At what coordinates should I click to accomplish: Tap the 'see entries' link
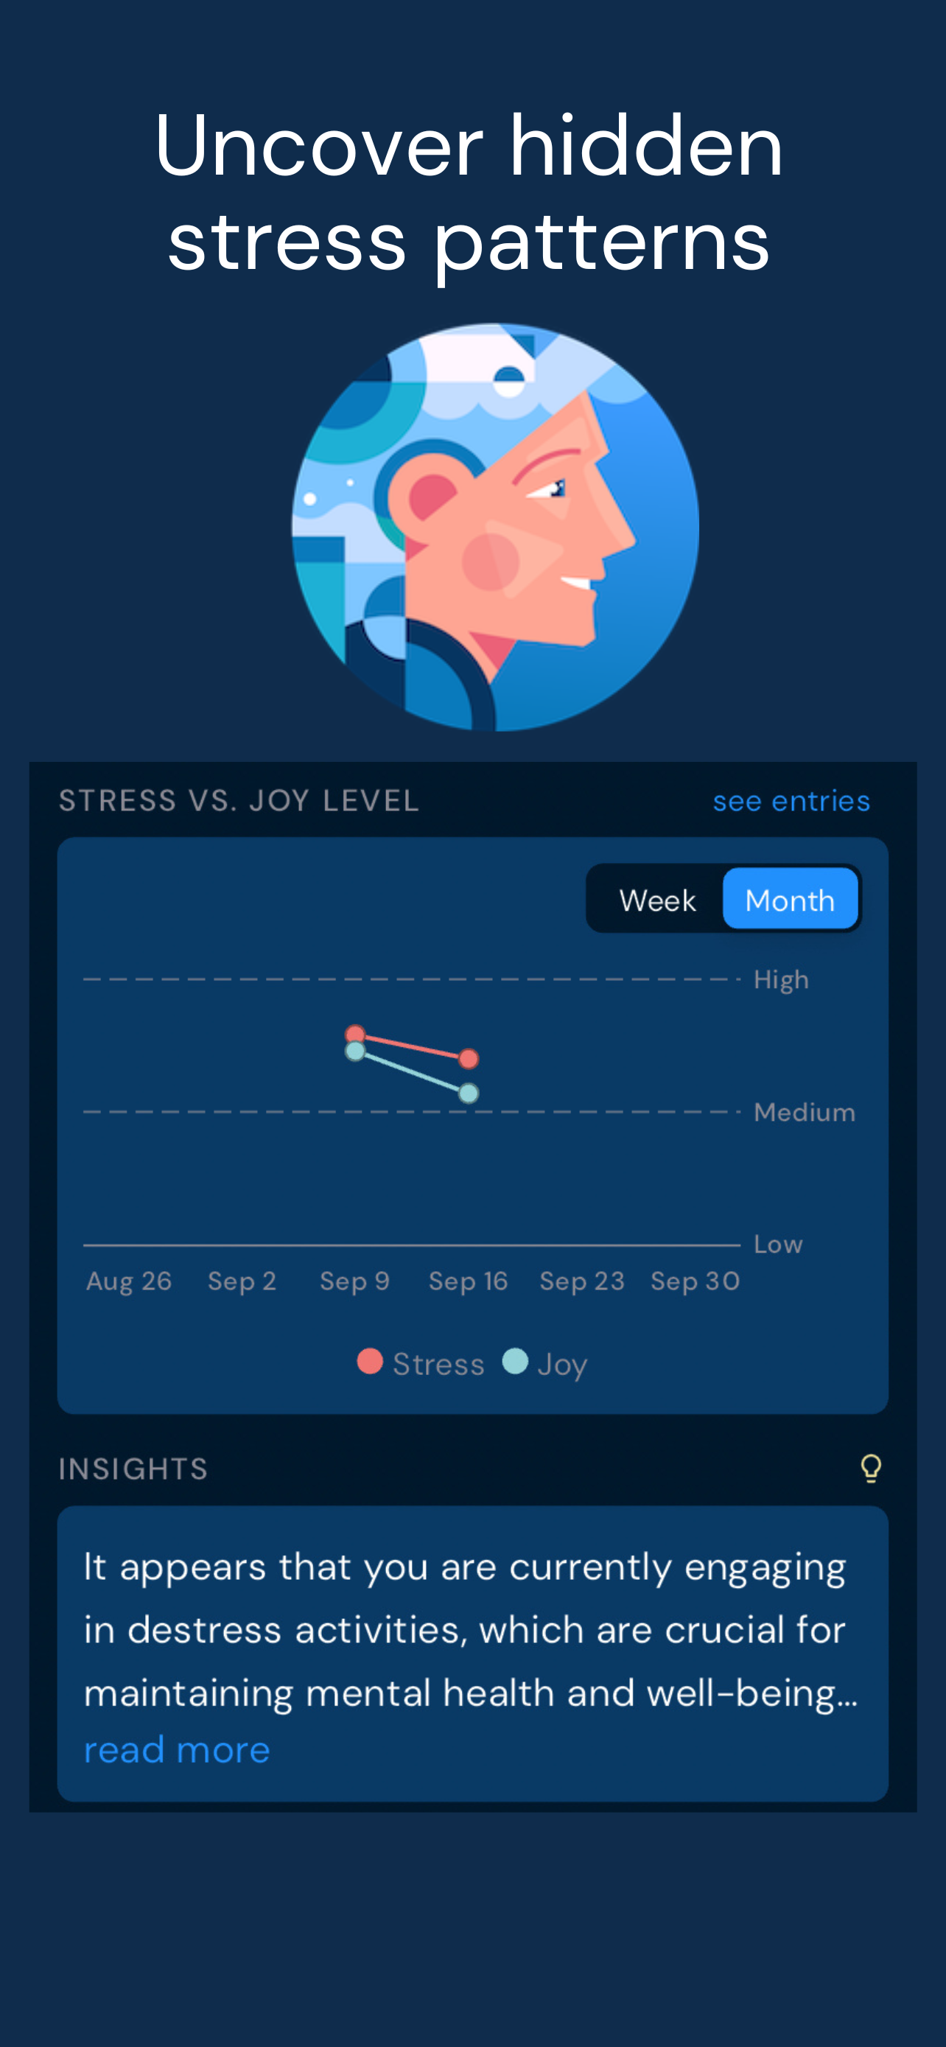point(791,801)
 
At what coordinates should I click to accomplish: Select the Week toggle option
point(657,900)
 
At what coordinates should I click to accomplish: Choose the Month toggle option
point(791,900)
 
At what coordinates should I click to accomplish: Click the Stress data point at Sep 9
point(355,1034)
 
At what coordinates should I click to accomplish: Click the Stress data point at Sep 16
point(469,1058)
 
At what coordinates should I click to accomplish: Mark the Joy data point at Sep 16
point(469,1094)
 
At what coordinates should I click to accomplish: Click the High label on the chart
point(781,980)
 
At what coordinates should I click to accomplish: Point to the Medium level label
point(804,1112)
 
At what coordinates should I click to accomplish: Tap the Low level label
point(777,1245)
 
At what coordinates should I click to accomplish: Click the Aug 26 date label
point(129,1281)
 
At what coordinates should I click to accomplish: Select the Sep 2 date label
point(242,1281)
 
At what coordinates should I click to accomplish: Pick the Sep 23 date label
point(582,1281)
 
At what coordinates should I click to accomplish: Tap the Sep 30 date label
point(695,1281)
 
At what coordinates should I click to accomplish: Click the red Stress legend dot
point(370,1361)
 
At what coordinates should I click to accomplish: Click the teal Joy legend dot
point(516,1361)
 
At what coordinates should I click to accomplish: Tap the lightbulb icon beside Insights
point(871,1469)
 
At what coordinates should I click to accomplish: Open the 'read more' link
point(177,1749)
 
